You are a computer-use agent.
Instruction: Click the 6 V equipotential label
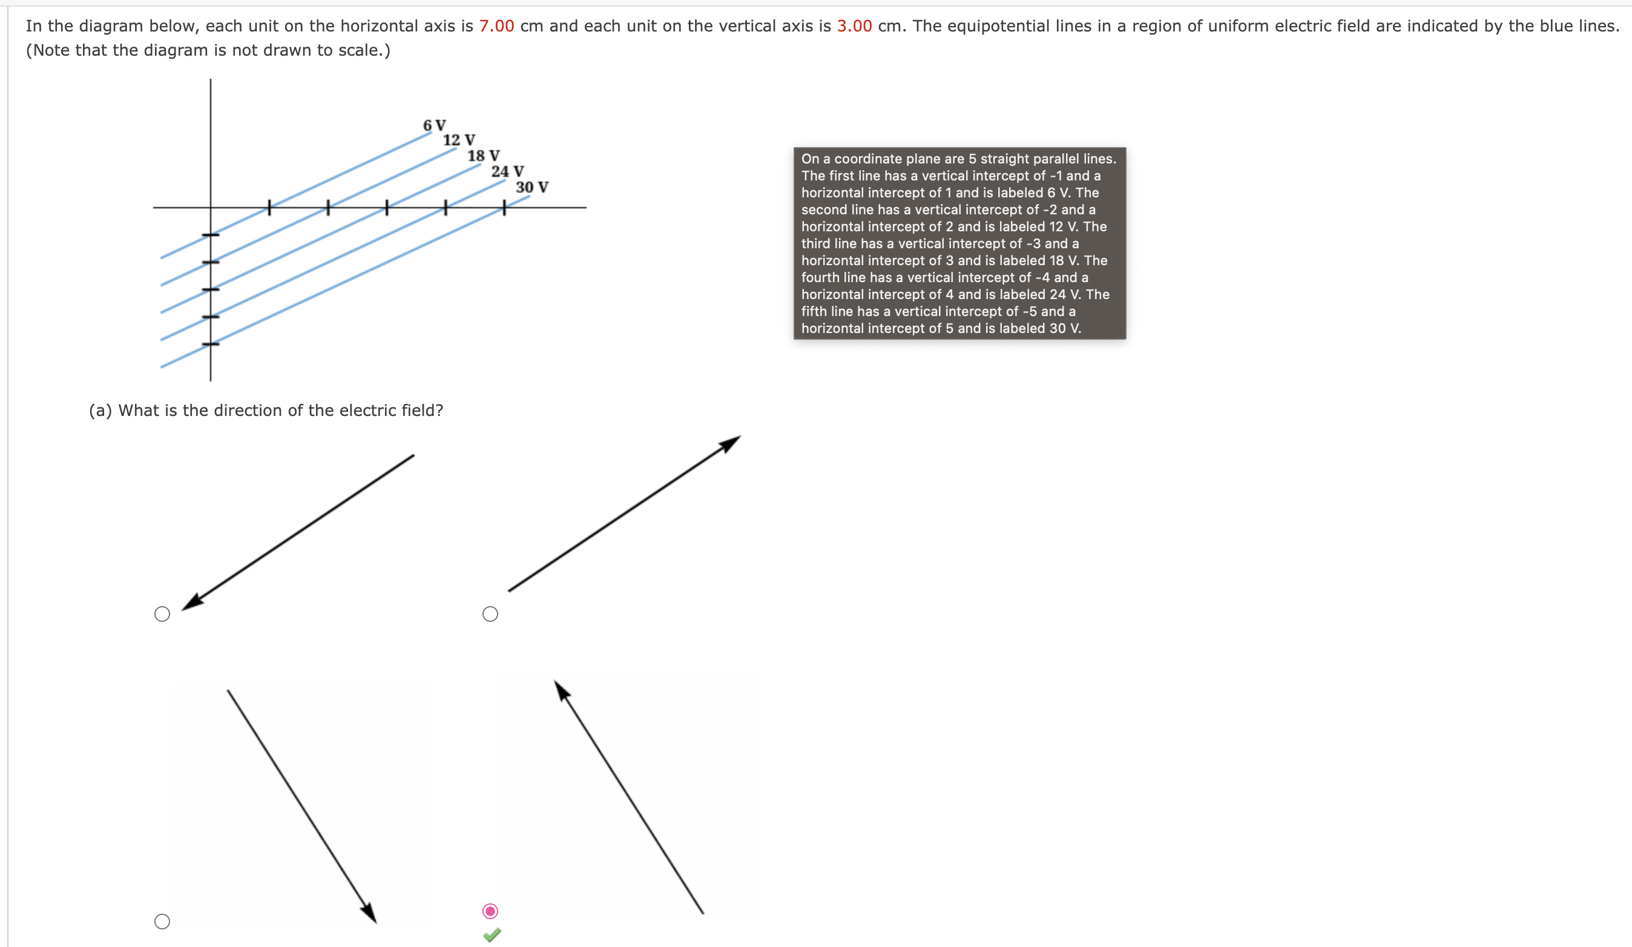[x=434, y=125]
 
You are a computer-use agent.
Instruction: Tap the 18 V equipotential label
[x=483, y=156]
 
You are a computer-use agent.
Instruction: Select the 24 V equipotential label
[x=507, y=171]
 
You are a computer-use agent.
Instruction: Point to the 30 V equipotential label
[x=531, y=187]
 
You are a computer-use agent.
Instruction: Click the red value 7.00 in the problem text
[x=496, y=26]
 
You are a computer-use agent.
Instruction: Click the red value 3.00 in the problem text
[x=854, y=26]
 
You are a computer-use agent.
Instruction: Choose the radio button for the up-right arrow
[x=490, y=614]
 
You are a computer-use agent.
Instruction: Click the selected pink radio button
[x=490, y=911]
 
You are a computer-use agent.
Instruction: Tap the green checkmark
[x=492, y=935]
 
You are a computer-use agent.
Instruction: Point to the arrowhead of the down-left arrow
[x=191, y=603]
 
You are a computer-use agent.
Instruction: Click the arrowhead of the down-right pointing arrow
[x=370, y=912]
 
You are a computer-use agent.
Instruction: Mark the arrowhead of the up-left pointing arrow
[x=562, y=690]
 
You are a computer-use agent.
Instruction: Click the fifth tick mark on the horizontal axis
[x=504, y=208]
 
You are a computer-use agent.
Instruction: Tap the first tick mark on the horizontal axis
[x=269, y=208]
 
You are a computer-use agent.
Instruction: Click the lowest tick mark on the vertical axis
[x=211, y=344]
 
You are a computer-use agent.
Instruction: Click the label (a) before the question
[x=100, y=411]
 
